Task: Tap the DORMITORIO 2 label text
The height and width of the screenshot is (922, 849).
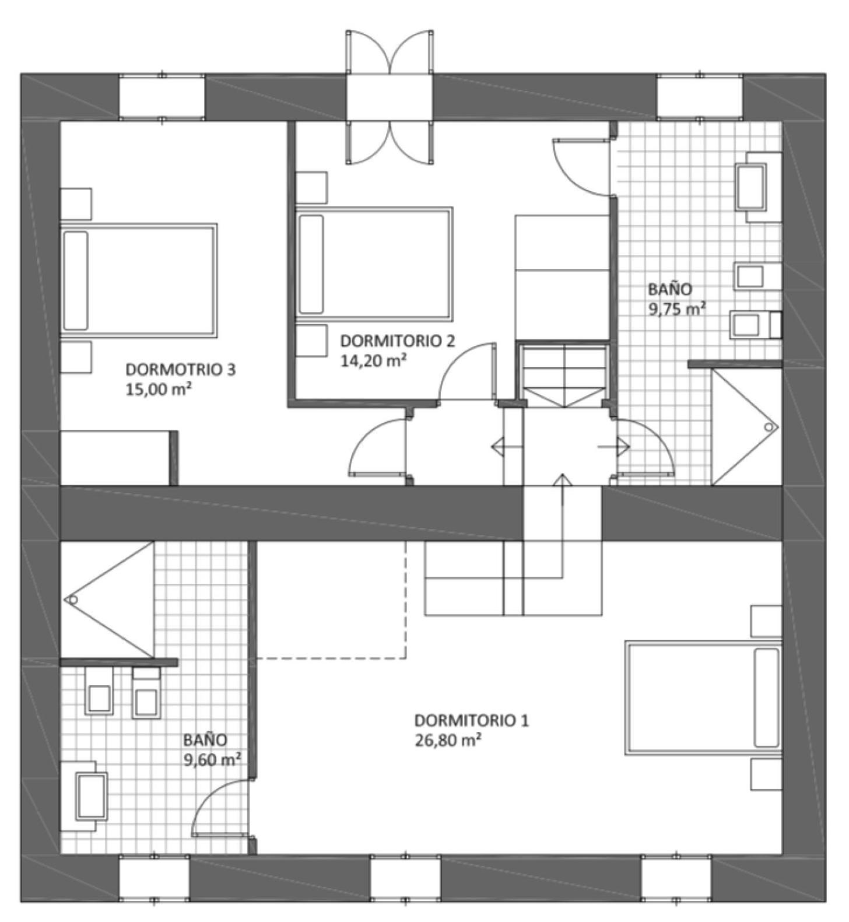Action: (x=397, y=341)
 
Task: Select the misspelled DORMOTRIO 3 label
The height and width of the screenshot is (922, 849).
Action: (x=181, y=369)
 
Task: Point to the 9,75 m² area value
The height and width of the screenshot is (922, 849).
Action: (x=678, y=308)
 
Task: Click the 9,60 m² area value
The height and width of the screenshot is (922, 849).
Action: (x=212, y=760)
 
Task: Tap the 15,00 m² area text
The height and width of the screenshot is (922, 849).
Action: (x=159, y=389)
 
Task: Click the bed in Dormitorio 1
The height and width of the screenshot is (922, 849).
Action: (x=703, y=698)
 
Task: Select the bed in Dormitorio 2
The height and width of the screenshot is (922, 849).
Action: (x=374, y=263)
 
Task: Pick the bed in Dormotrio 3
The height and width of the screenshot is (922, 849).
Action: (x=139, y=280)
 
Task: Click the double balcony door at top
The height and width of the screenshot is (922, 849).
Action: (x=390, y=97)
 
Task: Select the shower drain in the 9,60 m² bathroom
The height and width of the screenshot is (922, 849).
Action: (x=73, y=600)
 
